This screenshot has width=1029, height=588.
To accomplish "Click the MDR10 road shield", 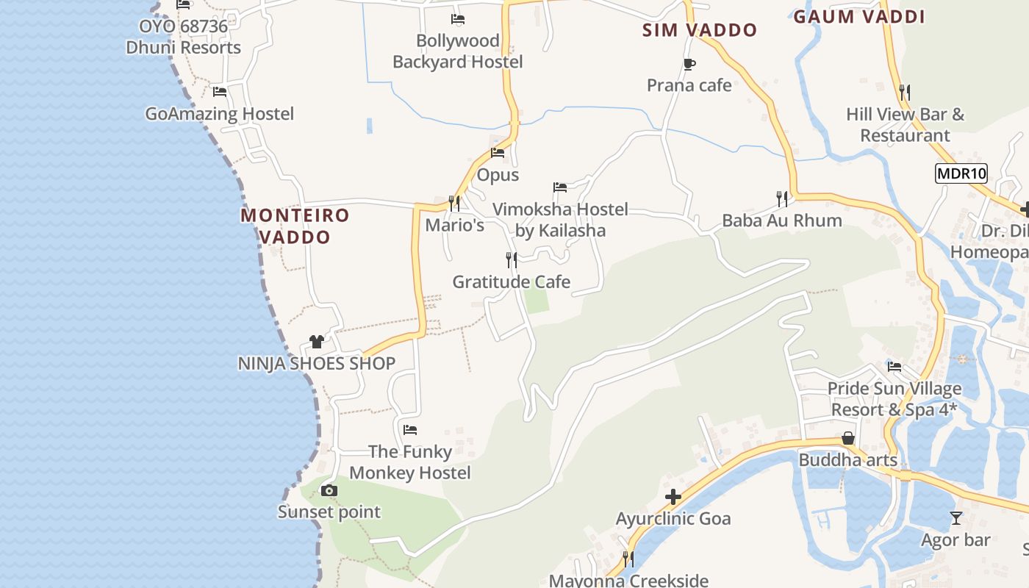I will [x=961, y=173].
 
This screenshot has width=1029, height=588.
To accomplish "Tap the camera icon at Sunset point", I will [x=329, y=490].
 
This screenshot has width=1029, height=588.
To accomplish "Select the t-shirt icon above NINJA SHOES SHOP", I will [x=317, y=341].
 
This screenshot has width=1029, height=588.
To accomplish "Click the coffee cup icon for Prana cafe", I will [x=689, y=64].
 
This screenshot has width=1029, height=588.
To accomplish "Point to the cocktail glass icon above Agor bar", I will [x=955, y=518].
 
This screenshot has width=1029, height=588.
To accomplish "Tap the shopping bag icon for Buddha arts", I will [x=848, y=438].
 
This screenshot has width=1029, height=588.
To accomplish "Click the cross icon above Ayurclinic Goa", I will [x=673, y=498].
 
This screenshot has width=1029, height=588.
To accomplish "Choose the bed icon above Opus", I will [x=498, y=153].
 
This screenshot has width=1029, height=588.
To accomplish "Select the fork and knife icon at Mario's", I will [x=454, y=202].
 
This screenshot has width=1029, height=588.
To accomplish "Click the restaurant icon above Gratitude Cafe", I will [x=512, y=259].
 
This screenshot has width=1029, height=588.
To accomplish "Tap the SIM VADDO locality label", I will [x=699, y=30].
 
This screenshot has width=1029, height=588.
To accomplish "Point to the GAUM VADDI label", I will [x=858, y=17].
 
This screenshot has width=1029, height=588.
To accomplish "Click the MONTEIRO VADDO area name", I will [x=295, y=226].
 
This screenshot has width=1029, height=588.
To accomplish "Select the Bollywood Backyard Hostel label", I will [x=458, y=51].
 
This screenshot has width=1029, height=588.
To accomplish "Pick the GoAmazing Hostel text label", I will [x=219, y=114].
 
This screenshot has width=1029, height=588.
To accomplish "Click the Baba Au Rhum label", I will [x=782, y=220].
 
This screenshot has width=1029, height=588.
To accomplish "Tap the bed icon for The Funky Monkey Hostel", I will [x=410, y=429].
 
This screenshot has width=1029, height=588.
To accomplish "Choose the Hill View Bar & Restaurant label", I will [x=905, y=125].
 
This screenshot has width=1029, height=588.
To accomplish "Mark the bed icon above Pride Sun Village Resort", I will [x=894, y=366].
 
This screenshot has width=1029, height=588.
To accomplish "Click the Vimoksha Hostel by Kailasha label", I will [x=560, y=220].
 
